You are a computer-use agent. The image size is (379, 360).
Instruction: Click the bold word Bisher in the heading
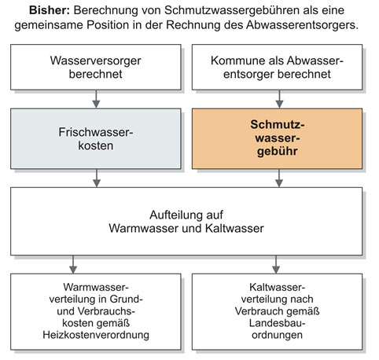click(x=50, y=10)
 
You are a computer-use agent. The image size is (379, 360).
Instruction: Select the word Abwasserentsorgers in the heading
click(x=302, y=25)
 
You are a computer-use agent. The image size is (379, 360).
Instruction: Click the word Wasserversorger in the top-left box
click(x=96, y=61)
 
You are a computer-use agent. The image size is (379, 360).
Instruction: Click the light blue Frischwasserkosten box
click(x=96, y=139)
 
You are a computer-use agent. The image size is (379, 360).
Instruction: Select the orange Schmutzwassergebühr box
click(x=277, y=139)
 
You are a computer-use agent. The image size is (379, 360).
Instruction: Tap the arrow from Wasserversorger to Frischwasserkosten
click(x=96, y=99)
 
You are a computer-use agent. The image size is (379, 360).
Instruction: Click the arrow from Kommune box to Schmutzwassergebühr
click(x=279, y=99)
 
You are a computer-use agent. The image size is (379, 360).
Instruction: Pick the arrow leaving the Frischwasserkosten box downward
click(x=97, y=178)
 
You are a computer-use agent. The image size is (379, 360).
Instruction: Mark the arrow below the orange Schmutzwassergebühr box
click(x=279, y=178)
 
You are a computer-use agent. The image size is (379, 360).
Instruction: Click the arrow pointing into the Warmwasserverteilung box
click(x=73, y=265)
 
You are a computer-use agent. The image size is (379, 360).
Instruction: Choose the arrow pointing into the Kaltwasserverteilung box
click(x=276, y=265)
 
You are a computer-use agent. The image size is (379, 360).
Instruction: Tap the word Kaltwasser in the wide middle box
click(x=234, y=229)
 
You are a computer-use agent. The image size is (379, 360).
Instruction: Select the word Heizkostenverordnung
click(x=96, y=335)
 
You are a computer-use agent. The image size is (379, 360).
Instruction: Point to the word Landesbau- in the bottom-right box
click(x=277, y=323)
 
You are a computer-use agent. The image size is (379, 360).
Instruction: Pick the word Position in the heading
click(x=108, y=25)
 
